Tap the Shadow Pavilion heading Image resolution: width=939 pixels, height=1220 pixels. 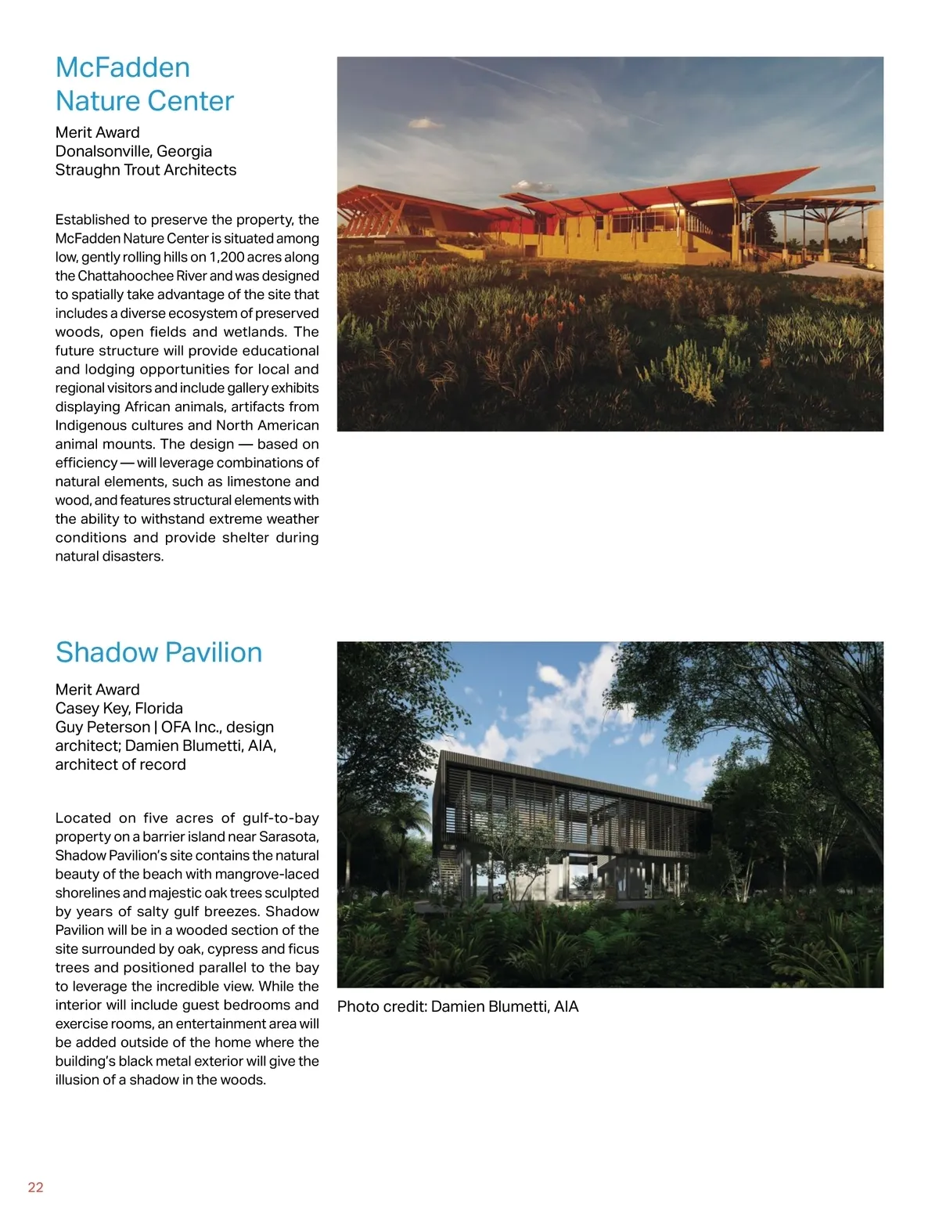159,652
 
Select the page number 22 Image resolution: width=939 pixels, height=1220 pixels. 36,1187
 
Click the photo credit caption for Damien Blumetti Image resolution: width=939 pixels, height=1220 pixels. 458,1006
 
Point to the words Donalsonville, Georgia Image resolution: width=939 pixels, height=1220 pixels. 133,151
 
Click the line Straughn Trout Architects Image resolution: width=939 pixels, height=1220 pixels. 146,170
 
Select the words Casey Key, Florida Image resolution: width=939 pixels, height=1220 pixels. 119,708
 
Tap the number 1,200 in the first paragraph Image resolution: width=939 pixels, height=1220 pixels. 225,257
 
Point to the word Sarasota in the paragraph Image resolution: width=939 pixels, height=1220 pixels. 289,836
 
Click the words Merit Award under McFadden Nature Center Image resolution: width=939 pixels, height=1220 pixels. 97,132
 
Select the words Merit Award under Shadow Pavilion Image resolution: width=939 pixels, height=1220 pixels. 97,689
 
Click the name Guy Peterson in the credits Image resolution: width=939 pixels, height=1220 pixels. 103,727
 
